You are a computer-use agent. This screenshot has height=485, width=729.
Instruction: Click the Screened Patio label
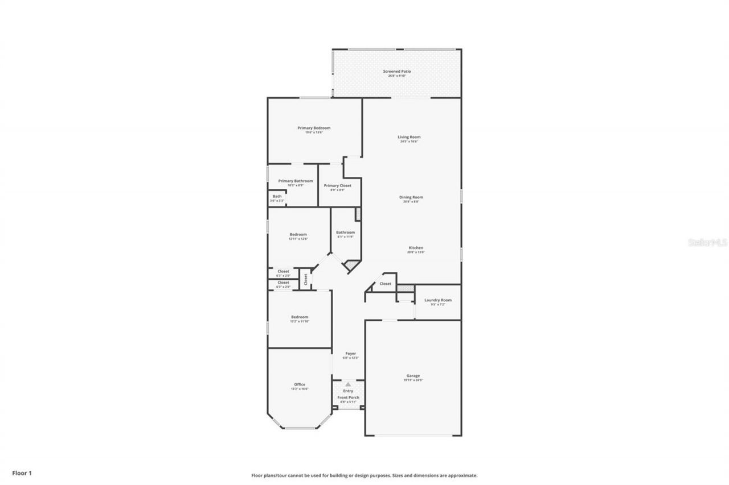[396, 71]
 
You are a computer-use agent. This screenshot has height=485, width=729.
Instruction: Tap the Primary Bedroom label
[314, 128]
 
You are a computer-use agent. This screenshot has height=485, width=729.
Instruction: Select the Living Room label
[409, 137]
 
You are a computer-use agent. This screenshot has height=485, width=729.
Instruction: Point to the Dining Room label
[411, 197]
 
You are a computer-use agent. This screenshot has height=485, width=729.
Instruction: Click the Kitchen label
[415, 248]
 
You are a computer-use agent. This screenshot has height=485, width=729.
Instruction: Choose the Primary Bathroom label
[295, 181]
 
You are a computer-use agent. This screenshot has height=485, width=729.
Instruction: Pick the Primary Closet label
[337, 185]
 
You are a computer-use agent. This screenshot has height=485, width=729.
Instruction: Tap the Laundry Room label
[437, 300]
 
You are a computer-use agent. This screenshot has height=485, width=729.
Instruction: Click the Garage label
[413, 375]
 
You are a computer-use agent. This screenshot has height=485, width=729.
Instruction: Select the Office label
[300, 384]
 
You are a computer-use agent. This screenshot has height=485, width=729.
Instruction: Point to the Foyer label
[350, 353]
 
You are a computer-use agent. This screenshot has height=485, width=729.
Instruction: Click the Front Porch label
[348, 397]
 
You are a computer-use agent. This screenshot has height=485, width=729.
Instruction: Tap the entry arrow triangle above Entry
[348, 384]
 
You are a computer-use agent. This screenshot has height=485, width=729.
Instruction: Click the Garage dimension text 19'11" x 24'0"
[413, 380]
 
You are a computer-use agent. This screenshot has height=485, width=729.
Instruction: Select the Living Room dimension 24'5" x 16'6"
[409, 142]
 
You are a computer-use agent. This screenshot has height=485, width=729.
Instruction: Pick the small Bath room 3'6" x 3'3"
[277, 198]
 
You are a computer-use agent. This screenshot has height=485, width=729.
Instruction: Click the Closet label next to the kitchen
[385, 283]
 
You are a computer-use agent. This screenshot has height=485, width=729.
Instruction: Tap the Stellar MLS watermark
[708, 242]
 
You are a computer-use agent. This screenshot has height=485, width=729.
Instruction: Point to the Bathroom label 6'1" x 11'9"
[345, 232]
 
